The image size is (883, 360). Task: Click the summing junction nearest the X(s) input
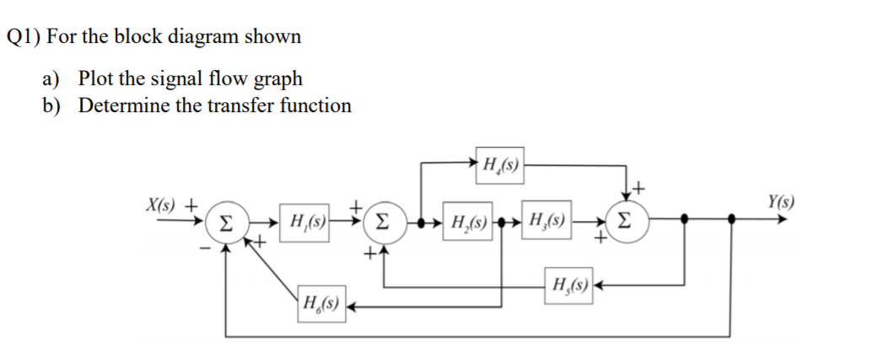click(225, 223)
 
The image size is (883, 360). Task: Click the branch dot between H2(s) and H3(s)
click(503, 223)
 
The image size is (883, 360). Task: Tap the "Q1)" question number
click(25, 37)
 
